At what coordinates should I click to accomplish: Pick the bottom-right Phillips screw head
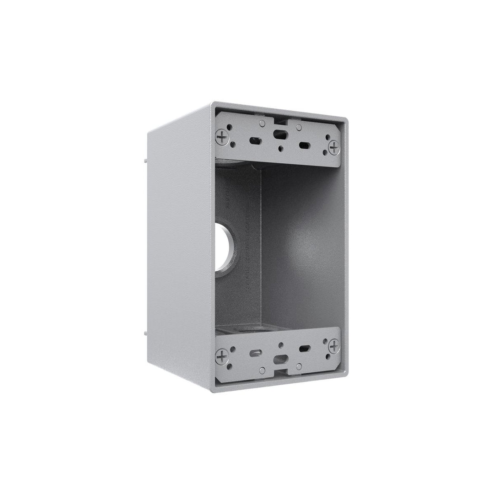(x=334, y=345)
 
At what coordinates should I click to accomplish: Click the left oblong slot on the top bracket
(x=253, y=140)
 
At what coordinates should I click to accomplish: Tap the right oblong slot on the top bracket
(x=304, y=145)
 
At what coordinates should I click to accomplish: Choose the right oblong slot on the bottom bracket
(x=304, y=349)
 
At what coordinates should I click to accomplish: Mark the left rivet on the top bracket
(x=262, y=123)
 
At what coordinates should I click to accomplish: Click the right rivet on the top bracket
(x=298, y=127)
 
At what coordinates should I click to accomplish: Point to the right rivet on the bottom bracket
(x=298, y=366)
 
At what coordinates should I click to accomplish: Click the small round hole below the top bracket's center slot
(x=279, y=148)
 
